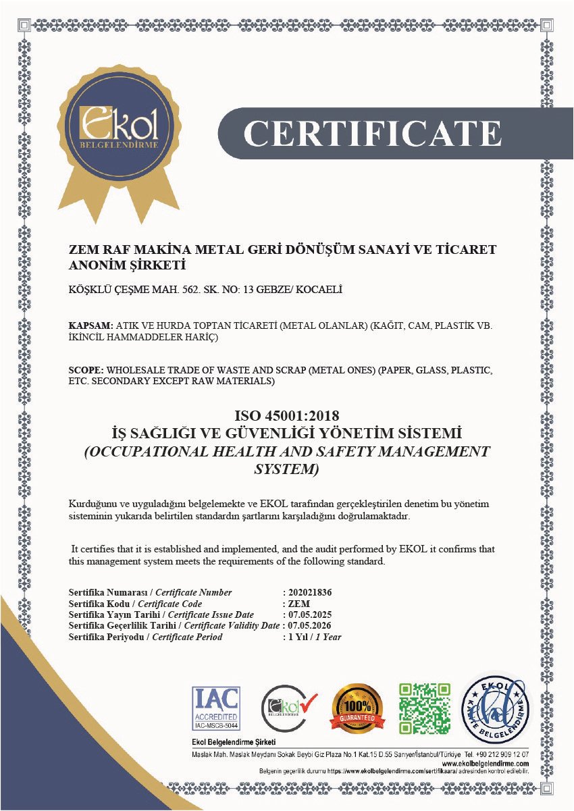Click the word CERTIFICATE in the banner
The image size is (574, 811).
(x=372, y=134)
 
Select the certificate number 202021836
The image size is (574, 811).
(x=310, y=592)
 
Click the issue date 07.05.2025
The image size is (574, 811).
(x=310, y=614)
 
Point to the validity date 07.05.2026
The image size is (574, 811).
(x=310, y=625)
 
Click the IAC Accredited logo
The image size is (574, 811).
(x=216, y=708)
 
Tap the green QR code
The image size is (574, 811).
(x=425, y=708)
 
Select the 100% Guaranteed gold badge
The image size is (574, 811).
(x=356, y=708)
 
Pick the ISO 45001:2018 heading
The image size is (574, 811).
(x=286, y=415)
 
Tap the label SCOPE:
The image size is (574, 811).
(x=86, y=371)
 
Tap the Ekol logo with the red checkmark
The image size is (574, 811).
(x=288, y=708)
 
